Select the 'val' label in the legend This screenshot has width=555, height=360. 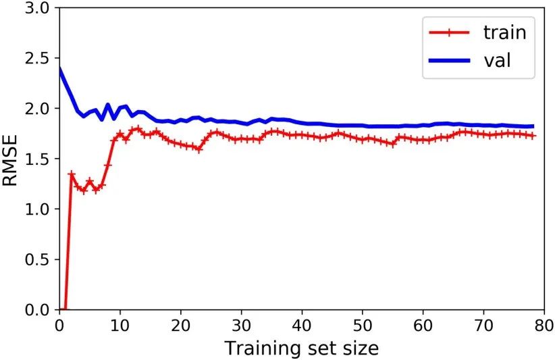pos(496,60)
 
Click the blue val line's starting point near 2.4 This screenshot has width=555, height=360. pos(60,69)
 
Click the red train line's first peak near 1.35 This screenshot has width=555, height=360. pos(72,174)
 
